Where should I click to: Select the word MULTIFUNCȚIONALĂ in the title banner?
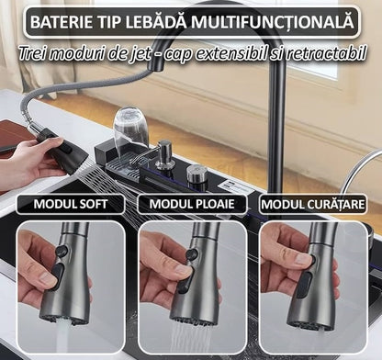(277, 21)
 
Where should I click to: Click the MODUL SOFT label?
(69, 204)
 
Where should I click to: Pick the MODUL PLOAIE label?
(191, 204)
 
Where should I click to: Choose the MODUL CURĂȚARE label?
(312, 204)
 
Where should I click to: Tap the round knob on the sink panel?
(197, 174)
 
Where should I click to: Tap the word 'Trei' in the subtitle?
(37, 53)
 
